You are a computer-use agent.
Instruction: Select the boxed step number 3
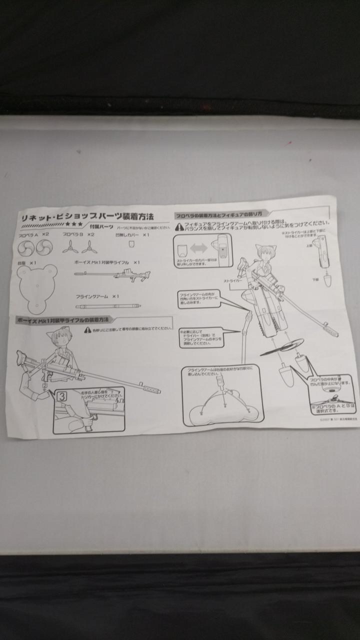(x=62, y=396)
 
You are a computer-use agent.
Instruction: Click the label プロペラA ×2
(x=34, y=234)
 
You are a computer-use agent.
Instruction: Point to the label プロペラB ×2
(x=78, y=234)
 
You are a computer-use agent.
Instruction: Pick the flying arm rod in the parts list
(x=108, y=306)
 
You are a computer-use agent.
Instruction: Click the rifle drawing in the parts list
(x=112, y=274)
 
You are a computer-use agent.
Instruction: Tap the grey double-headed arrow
(x=198, y=248)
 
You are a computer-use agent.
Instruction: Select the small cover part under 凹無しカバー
(x=131, y=244)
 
